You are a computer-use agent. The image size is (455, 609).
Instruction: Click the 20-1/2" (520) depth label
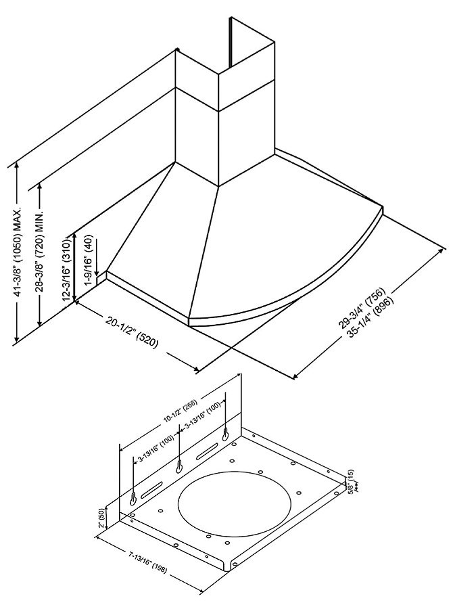coord(132,332)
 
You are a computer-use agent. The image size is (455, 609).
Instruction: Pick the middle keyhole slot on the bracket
coord(180,466)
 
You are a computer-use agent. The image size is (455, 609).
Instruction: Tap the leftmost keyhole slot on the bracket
coord(133,498)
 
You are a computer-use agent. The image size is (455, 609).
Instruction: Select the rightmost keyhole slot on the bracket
coord(226,433)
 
